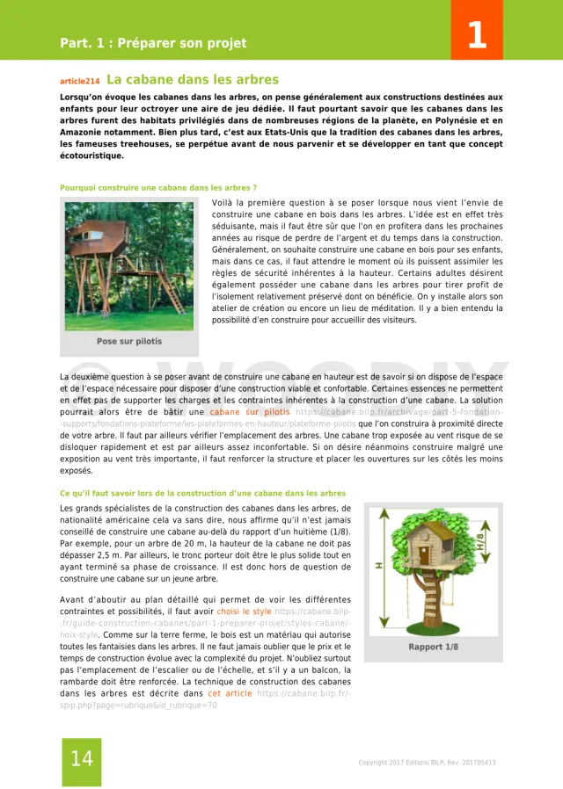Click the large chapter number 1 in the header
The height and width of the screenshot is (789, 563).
pos(476,35)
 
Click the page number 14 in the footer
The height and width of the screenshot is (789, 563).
pos(81,758)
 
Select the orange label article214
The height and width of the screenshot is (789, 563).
pos(79,81)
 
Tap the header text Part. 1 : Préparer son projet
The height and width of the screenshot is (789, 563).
pos(153,43)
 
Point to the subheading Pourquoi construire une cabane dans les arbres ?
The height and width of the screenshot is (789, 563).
pos(157,187)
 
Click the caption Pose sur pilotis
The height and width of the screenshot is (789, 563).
pos(129,341)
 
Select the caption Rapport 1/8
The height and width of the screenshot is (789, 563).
pos(433,647)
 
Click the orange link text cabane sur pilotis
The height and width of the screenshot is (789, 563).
pos(249,411)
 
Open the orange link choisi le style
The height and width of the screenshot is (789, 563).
pos(244,611)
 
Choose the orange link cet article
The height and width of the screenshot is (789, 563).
pos(226,693)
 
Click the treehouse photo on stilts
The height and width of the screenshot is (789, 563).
pos(129,264)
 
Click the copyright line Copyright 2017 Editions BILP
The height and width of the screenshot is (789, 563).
pos(426,763)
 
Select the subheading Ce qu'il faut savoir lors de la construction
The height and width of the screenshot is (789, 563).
pos(202,493)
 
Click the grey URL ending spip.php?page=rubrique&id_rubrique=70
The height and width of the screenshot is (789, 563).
pos(138,705)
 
